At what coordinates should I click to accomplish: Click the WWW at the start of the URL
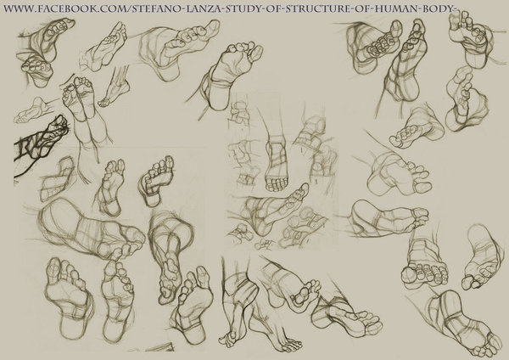[x=18, y=8]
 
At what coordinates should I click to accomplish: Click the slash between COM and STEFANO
[x=130, y=8]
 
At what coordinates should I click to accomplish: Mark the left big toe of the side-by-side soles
[x=53, y=267]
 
